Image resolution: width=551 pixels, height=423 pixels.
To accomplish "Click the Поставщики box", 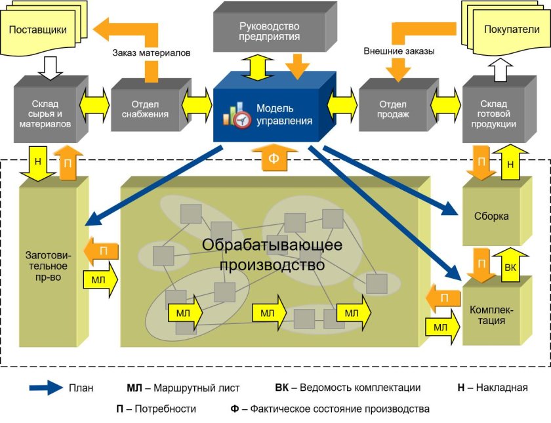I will click(40, 30).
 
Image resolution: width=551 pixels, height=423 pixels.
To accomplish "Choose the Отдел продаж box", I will click(393, 109).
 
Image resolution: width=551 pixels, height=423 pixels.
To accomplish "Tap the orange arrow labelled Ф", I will click(274, 158).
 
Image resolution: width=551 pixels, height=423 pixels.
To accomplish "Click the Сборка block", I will click(492, 216).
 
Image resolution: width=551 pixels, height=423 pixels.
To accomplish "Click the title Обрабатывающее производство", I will click(272, 255).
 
